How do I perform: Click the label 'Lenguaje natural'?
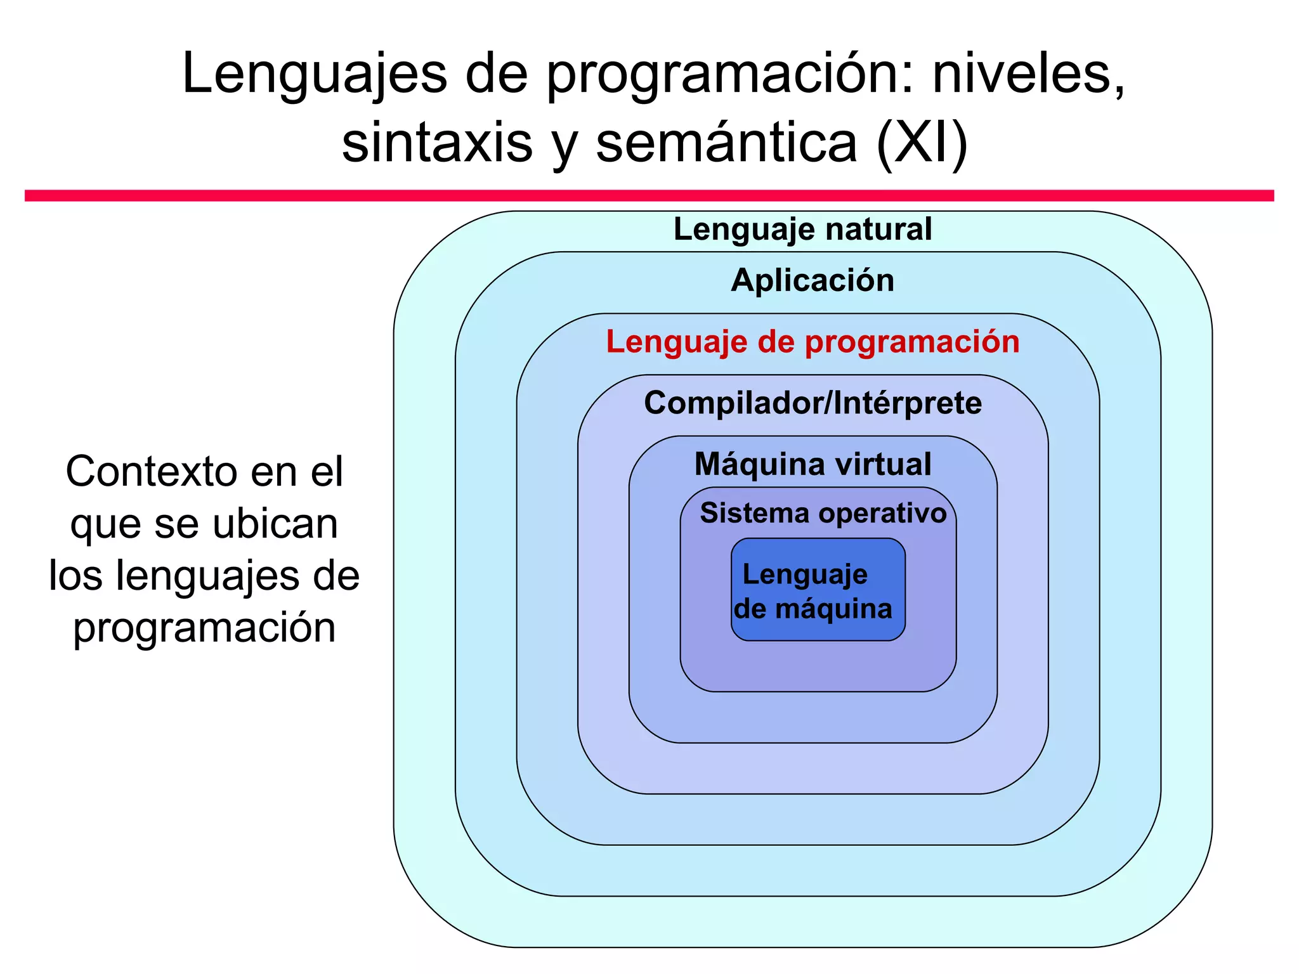coord(802,230)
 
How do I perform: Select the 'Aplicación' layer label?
coord(813,280)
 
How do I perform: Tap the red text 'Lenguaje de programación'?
coord(813,342)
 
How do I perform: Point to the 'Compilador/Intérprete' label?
coord(813,403)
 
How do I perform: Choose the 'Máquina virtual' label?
coord(813,464)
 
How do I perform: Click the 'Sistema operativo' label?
coord(823,513)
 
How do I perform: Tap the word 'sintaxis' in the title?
coord(437,143)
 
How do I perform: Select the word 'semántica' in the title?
coord(726,143)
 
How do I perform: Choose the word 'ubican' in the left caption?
coord(275,524)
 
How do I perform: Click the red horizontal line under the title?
coord(649,195)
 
